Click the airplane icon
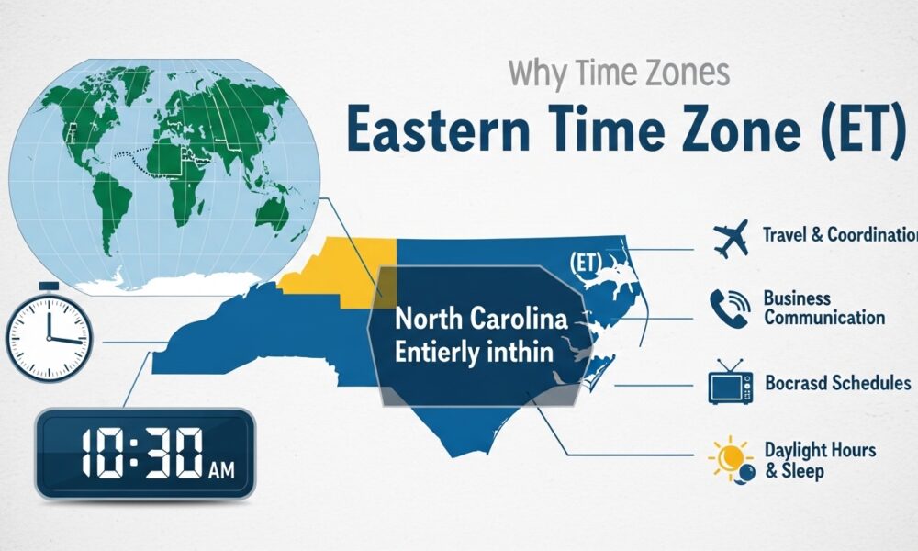click(730, 237)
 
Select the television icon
click(730, 384)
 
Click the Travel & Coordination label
click(839, 234)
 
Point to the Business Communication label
click(823, 309)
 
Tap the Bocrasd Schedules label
click(836, 383)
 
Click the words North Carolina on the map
click(480, 321)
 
